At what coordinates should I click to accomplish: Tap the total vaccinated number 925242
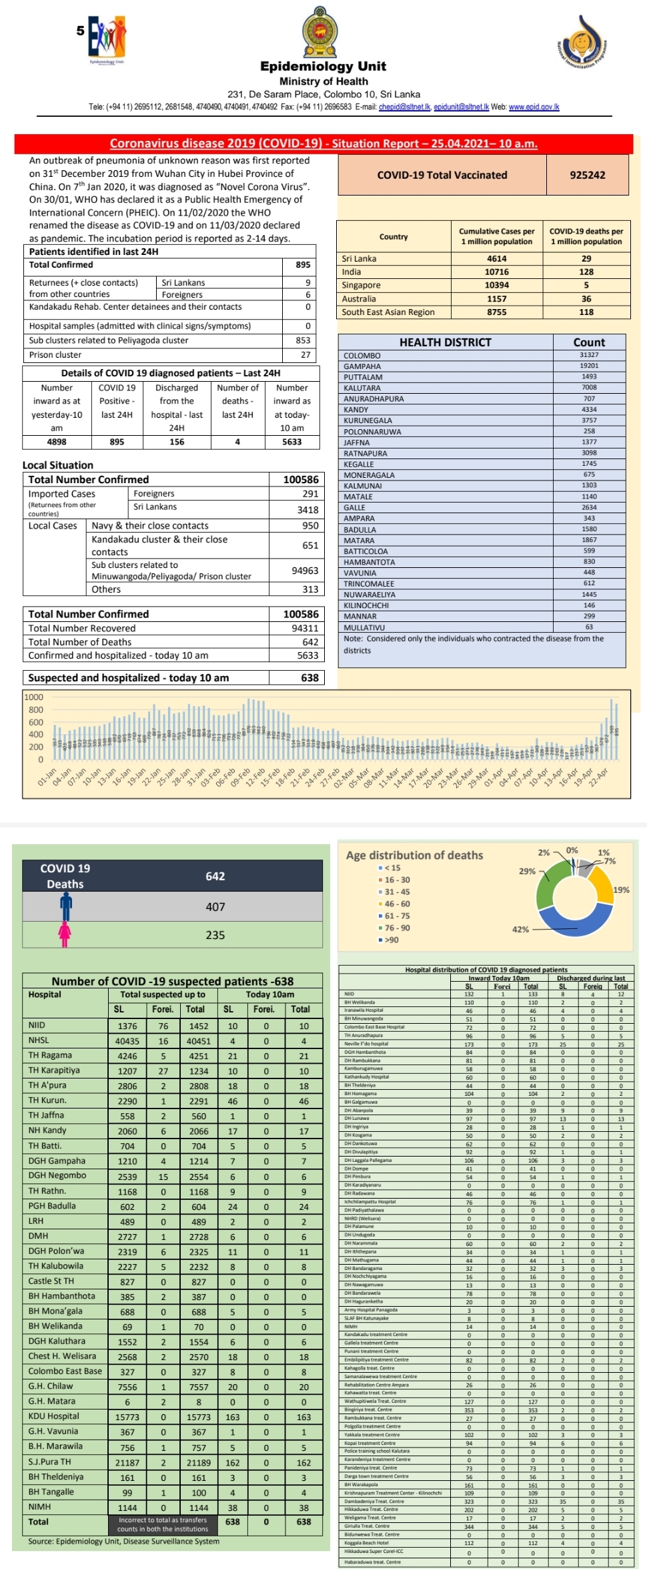click(x=587, y=175)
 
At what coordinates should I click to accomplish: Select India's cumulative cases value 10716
click(x=496, y=272)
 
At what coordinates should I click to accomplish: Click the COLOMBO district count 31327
click(x=589, y=355)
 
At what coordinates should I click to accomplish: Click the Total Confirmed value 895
click(x=303, y=264)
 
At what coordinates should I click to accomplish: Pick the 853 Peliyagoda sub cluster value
click(x=303, y=340)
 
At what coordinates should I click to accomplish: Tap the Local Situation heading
click(x=58, y=465)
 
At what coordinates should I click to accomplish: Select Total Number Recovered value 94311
click(x=305, y=628)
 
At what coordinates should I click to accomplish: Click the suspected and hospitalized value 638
click(x=309, y=677)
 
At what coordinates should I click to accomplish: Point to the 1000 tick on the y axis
click(x=33, y=697)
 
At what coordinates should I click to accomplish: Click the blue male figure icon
click(x=65, y=907)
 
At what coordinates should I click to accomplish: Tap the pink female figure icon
click(x=65, y=934)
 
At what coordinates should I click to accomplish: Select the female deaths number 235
click(x=215, y=935)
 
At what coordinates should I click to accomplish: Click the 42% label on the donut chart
click(x=520, y=929)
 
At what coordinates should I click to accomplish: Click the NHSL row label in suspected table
click(x=39, y=1040)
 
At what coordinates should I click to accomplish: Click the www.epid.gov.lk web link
click(x=534, y=107)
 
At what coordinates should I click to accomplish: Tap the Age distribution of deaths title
click(x=414, y=855)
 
